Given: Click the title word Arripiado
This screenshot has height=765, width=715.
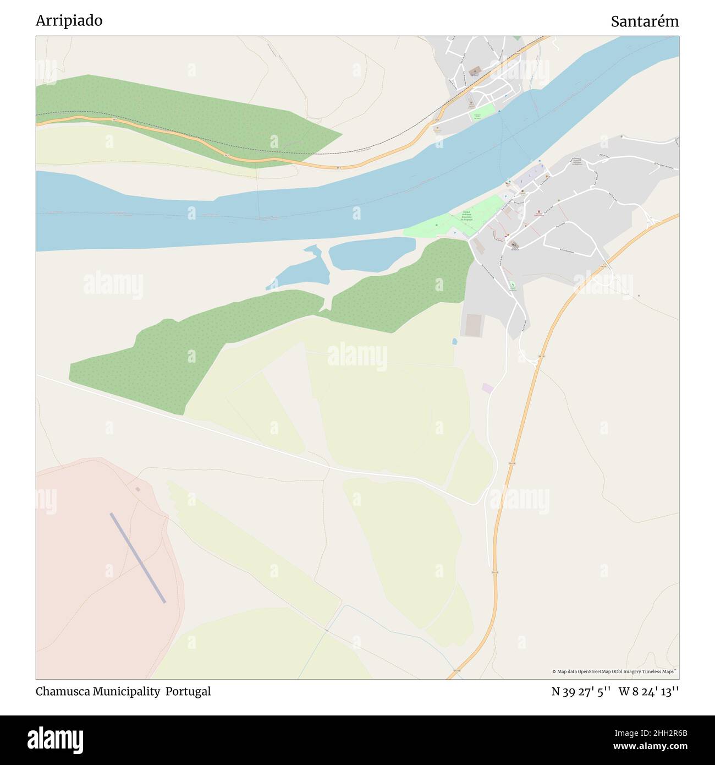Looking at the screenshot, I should coord(69,21).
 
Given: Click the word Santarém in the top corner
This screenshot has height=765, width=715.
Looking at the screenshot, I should coord(645,22).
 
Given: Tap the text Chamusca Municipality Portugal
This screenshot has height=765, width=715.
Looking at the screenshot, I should coord(123,691).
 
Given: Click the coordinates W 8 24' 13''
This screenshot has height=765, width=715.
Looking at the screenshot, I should coord(648,691).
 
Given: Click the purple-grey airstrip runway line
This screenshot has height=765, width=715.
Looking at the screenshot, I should coord(137,558).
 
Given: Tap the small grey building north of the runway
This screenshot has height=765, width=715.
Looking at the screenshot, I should coord(137,489).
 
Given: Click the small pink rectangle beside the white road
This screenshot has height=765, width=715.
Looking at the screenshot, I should coord(487,388).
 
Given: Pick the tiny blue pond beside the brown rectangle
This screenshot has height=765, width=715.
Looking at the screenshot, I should coord(454,342).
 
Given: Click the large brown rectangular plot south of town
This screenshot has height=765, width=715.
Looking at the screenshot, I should coord(472,325).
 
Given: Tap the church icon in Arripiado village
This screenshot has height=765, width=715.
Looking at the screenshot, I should coord(515,245).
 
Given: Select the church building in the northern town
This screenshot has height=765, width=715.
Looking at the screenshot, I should coord(474,70).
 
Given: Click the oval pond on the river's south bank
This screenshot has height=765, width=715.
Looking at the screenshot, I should coord(372,254).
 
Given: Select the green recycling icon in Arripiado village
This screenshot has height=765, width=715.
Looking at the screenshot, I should coord(513,286).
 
